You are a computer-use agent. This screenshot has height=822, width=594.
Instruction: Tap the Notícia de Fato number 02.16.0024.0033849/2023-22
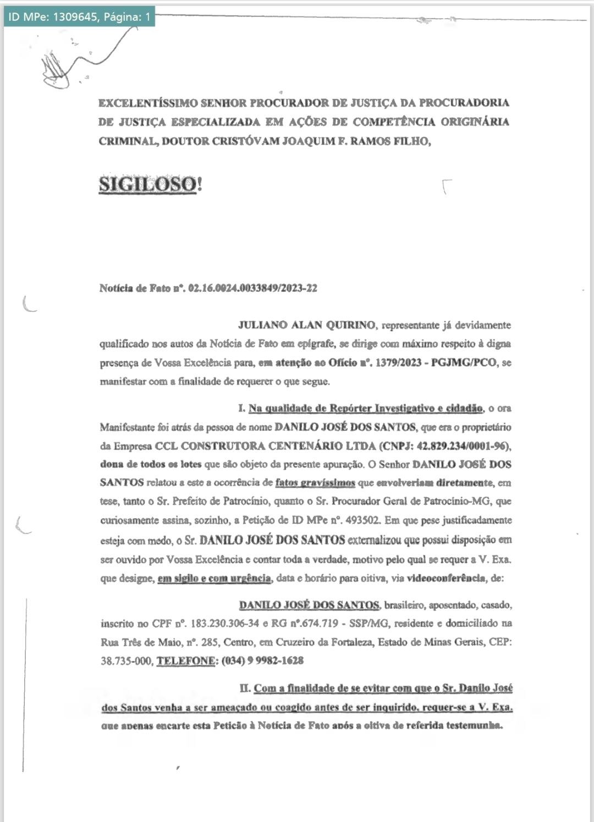[x=252, y=288]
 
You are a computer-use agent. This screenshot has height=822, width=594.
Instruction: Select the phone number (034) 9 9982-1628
[x=262, y=660]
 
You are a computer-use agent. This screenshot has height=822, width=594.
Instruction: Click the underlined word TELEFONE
[x=186, y=660]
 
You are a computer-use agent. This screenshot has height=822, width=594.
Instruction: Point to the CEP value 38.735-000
[x=126, y=660]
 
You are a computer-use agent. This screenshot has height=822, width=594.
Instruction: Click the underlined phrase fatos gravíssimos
[x=315, y=483]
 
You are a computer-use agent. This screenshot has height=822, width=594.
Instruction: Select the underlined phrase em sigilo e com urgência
[x=215, y=578]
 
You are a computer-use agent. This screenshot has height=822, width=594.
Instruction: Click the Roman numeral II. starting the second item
[x=245, y=688]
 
